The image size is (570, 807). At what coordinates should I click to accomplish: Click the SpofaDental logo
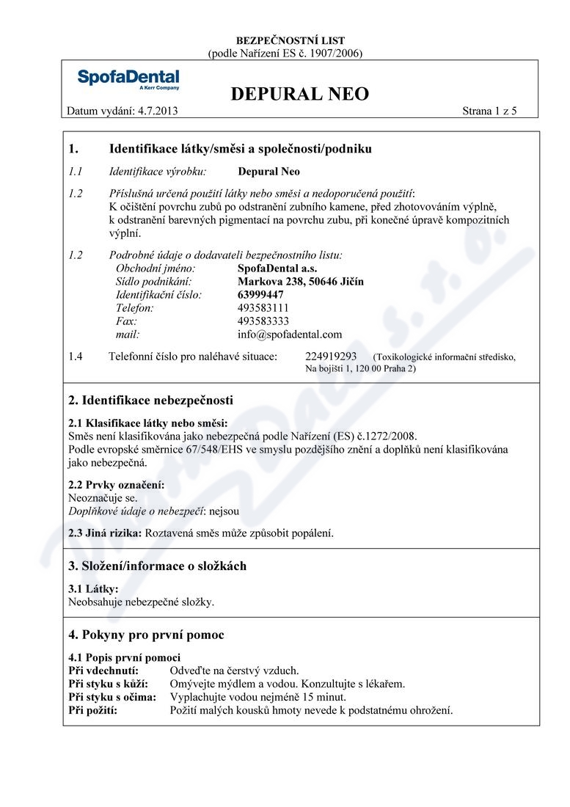click(128, 79)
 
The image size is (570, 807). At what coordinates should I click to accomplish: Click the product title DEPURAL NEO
click(299, 94)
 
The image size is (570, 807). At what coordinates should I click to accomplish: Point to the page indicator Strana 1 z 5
click(489, 112)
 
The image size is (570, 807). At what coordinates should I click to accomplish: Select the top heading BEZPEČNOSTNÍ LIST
click(285, 41)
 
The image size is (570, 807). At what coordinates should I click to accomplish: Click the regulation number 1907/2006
click(333, 53)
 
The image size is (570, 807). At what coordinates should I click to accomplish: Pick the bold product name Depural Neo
click(269, 172)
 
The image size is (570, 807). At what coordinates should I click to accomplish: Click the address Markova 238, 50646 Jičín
click(301, 281)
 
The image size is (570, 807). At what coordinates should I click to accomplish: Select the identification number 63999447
click(262, 294)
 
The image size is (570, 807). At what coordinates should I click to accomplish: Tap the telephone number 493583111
click(263, 308)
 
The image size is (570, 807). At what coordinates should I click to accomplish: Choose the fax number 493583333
click(263, 321)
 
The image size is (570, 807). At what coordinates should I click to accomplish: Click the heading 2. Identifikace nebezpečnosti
click(150, 401)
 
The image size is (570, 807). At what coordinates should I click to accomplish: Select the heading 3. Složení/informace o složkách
click(157, 566)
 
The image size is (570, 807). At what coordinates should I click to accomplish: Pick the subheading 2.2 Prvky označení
click(116, 485)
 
